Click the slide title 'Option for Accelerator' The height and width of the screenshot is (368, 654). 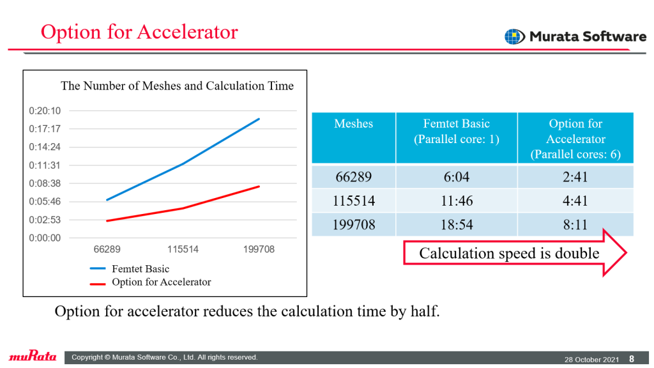139,32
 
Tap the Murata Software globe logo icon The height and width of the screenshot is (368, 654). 515,36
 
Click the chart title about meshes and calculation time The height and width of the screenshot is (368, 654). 178,86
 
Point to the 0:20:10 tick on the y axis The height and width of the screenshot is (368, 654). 45,111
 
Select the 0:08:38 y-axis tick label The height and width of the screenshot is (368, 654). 45,183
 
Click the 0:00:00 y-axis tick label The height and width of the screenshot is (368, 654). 45,238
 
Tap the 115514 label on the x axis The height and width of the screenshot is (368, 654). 183,250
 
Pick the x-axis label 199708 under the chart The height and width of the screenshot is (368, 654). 259,250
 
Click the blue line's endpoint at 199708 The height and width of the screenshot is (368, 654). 259,119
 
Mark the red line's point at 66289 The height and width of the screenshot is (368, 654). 107,220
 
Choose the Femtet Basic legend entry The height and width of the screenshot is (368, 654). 130,269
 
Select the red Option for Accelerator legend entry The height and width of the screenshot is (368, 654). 151,282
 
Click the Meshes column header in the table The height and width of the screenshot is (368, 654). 354,123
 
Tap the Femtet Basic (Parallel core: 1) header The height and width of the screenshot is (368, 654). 456,131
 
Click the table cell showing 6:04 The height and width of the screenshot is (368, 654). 456,177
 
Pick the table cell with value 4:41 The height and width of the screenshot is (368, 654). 575,201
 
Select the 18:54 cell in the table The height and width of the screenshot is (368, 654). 457,224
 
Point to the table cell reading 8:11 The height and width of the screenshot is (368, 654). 575,224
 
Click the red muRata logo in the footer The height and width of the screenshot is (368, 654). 33,356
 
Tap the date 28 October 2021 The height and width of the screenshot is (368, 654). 591,359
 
